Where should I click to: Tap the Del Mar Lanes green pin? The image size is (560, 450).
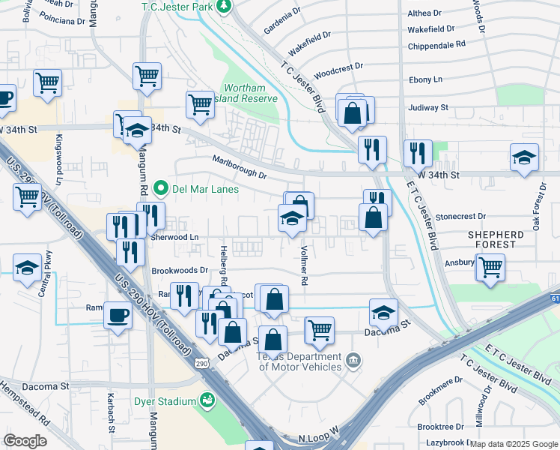159,188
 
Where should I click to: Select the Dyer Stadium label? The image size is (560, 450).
165,401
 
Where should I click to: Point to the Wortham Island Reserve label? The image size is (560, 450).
249,93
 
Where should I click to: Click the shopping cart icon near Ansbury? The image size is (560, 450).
490,266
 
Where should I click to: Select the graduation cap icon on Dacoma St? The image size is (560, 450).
383,311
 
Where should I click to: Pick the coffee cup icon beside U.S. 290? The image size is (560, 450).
117,315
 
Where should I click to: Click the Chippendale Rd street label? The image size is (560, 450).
436,45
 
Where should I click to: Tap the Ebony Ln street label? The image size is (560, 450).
425,79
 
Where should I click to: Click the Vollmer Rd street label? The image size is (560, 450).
304,266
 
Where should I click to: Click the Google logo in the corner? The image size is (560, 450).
25,440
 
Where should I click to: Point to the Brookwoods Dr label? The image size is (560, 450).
179,270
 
